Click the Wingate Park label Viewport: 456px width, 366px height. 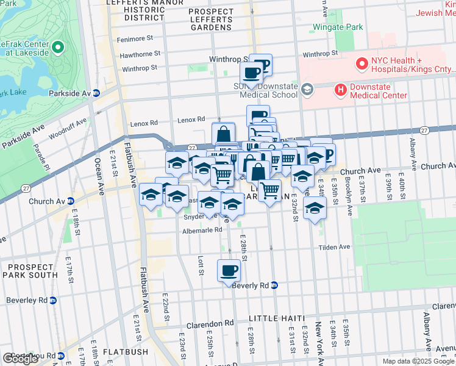[337, 27]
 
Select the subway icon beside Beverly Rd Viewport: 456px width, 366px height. [274, 285]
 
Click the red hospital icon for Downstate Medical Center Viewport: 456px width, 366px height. [340, 90]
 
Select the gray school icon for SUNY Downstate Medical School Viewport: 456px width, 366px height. [307, 90]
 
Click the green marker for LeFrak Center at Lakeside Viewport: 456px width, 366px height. [58, 46]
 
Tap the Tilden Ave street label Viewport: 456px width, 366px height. [335, 247]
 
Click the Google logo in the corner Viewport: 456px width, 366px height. [20, 359]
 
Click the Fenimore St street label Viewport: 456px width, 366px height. [136, 38]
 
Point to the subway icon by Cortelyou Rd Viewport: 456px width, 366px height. [62, 355]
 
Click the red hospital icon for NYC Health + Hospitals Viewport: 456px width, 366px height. [362, 62]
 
